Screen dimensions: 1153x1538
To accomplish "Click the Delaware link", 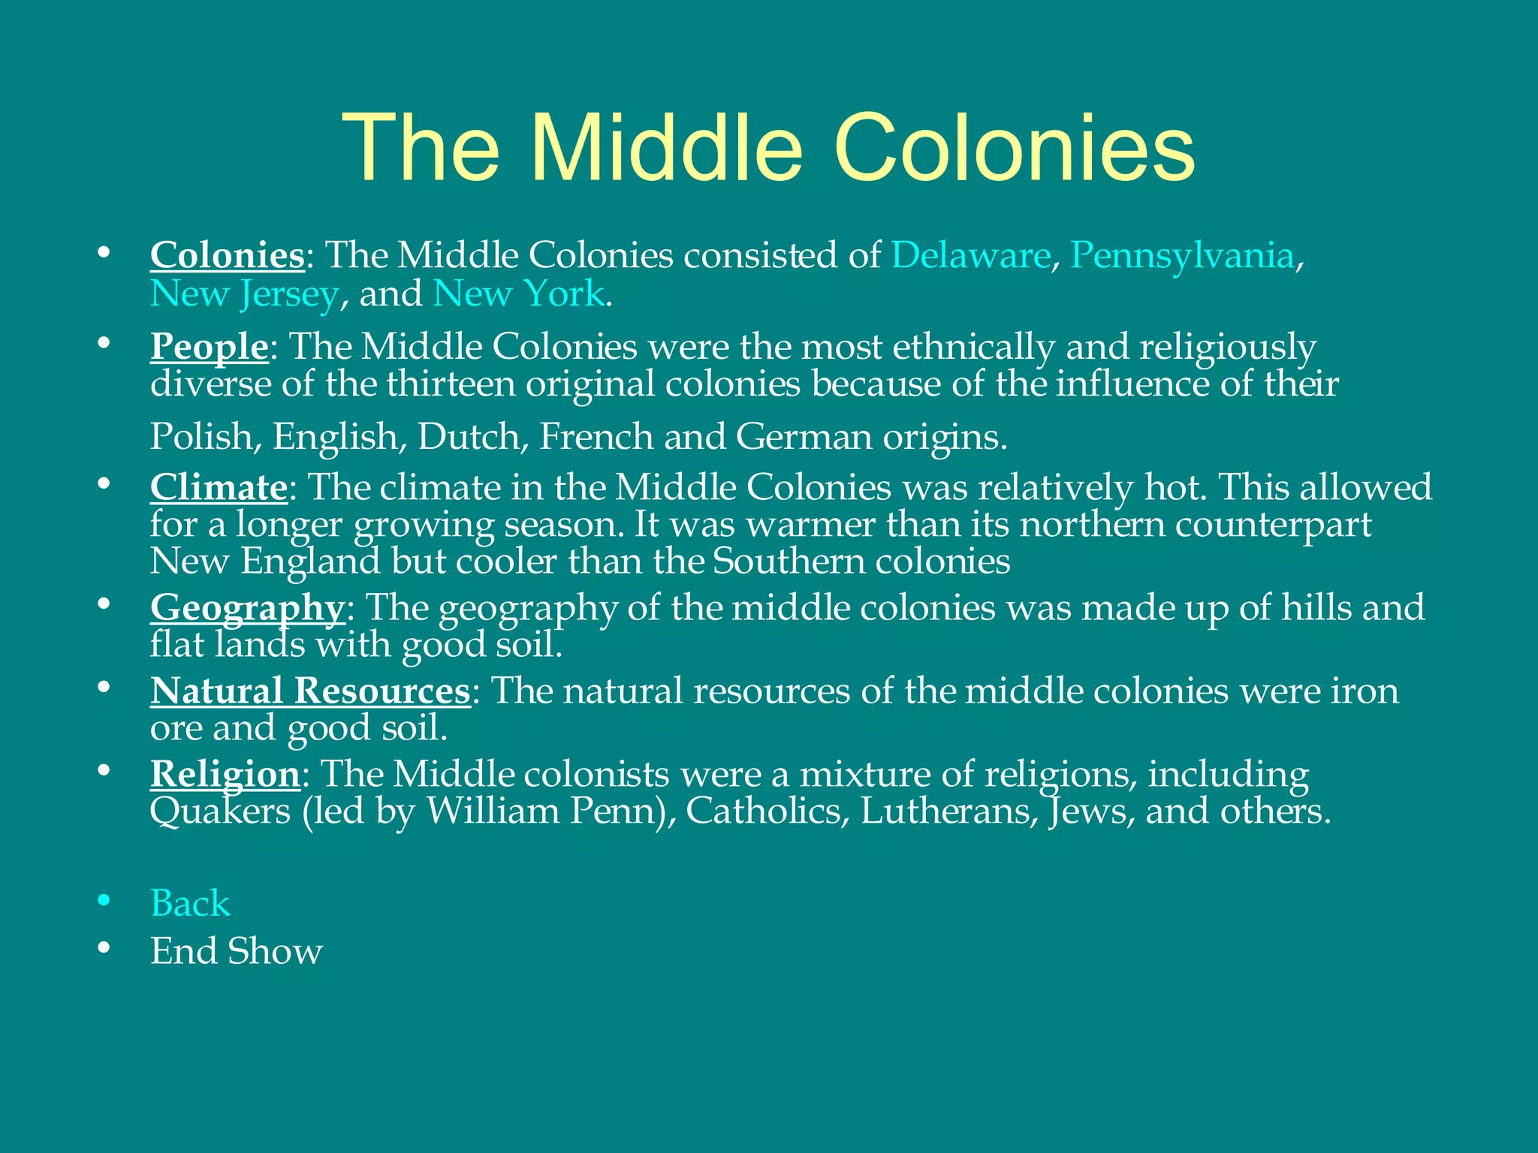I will (x=970, y=256).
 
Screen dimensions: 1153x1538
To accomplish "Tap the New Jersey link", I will (x=244, y=294).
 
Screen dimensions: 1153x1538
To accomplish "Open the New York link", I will (x=518, y=294).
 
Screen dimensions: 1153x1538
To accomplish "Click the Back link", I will (x=190, y=903).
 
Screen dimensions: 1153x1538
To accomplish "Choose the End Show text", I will (x=236, y=951).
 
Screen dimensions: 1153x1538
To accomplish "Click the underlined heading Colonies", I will (x=227, y=256).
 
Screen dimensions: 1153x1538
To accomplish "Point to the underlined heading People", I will (x=209, y=348).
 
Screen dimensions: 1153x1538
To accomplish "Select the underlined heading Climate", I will (x=218, y=488).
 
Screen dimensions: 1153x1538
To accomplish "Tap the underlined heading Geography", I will (x=247, y=609).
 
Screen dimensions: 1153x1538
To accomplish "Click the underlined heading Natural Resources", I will (x=309, y=691).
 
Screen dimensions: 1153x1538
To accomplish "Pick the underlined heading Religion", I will (x=225, y=775).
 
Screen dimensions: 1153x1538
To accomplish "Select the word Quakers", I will (x=220, y=812).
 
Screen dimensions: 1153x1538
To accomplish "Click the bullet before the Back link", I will (x=104, y=901).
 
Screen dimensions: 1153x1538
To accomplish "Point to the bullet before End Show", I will (x=104, y=949).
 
